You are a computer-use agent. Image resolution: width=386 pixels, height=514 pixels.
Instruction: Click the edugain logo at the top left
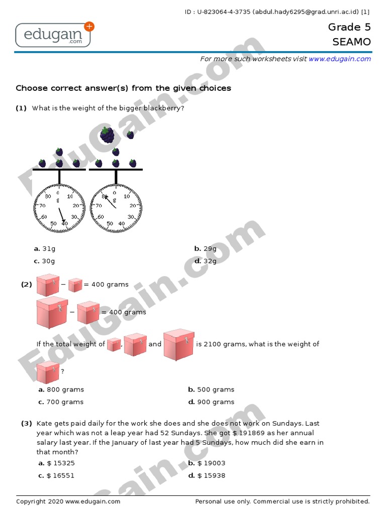point(53,35)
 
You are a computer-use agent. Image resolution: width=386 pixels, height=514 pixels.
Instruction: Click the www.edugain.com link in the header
point(339,59)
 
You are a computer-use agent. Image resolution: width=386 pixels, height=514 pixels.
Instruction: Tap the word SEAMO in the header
point(351,42)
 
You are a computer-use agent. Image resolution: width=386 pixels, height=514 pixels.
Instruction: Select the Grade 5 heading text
point(349,27)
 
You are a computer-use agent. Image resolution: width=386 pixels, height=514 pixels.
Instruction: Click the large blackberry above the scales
point(107,135)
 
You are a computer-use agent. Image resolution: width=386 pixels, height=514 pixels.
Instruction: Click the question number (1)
point(21,108)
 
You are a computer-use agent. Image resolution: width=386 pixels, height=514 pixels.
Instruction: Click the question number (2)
point(26,285)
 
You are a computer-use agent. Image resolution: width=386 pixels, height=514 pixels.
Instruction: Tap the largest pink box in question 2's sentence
point(178,344)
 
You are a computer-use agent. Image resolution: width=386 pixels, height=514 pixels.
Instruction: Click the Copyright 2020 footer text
point(68,501)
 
